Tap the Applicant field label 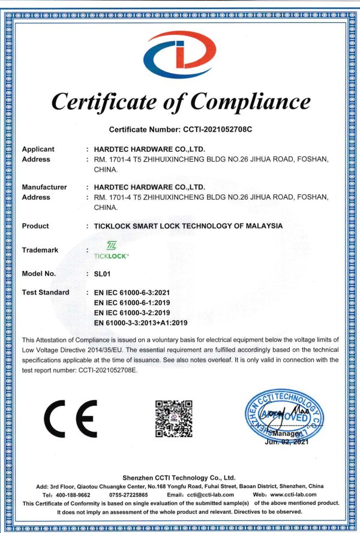38,149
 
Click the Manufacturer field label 44,187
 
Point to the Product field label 35,226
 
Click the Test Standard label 46,292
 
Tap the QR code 174,418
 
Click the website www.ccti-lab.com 293,495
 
